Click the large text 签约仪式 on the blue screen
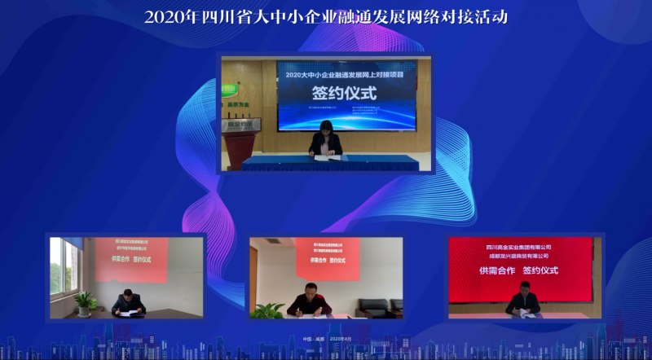346,94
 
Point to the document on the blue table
325,158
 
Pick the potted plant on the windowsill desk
84,303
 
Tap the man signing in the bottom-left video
128,302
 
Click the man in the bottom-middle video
310,301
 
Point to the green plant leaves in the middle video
267,310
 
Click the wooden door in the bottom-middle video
253,277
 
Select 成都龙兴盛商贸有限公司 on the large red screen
518,256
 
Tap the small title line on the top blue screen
346,74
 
